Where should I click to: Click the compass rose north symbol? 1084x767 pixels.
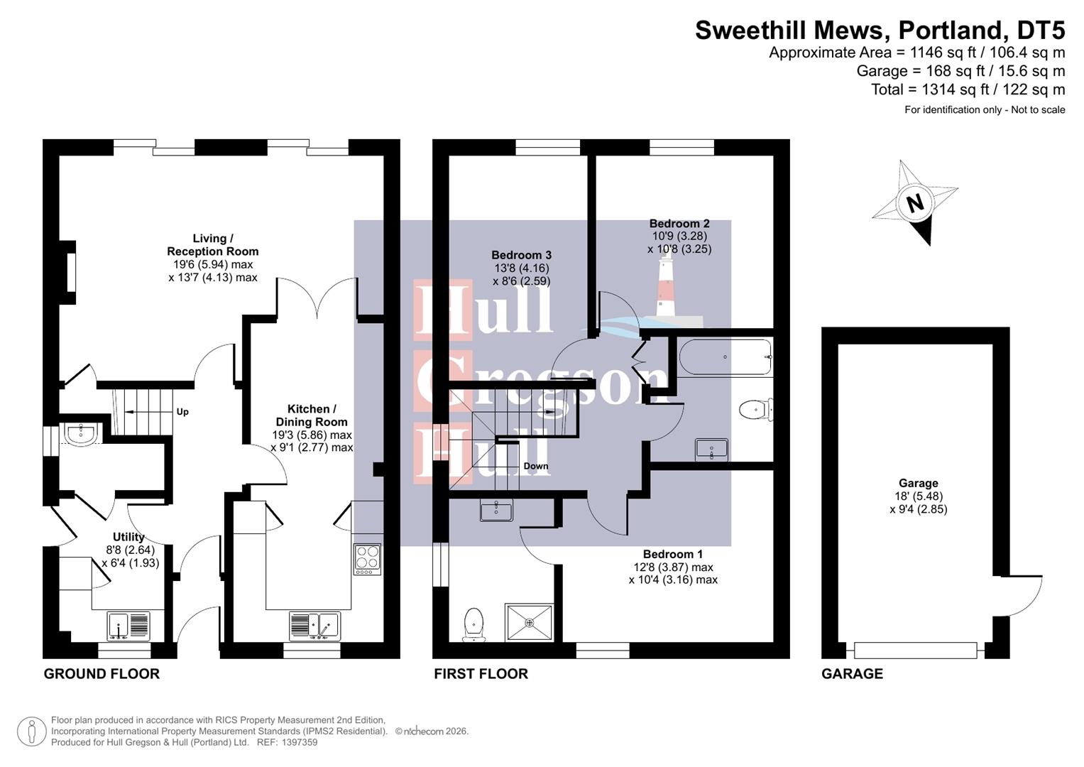pyautogui.click(x=915, y=204)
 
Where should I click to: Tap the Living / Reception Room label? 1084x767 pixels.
pyautogui.click(x=212, y=245)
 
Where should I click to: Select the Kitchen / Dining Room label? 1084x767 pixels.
pyautogui.click(x=312, y=415)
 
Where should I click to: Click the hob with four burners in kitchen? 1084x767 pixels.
pyautogui.click(x=367, y=559)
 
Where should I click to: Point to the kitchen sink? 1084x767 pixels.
pyautogui.click(x=314, y=626)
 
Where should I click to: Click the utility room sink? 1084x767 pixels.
pyautogui.click(x=128, y=626)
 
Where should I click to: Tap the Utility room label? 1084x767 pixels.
pyautogui.click(x=128, y=537)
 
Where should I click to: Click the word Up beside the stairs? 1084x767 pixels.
pyautogui.click(x=182, y=412)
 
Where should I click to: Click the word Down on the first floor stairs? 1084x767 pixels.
pyautogui.click(x=536, y=466)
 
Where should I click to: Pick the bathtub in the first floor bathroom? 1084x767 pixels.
pyautogui.click(x=724, y=357)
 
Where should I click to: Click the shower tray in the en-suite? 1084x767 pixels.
pyautogui.click(x=529, y=623)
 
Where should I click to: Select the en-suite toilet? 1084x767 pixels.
pyautogui.click(x=473, y=624)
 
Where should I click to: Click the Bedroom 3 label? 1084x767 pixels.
pyautogui.click(x=521, y=255)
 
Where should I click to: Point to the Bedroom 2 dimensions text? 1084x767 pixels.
pyautogui.click(x=679, y=243)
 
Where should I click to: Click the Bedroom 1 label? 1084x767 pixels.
pyautogui.click(x=673, y=554)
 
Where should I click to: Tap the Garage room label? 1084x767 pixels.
pyautogui.click(x=918, y=483)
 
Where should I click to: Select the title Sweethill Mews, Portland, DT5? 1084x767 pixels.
pyautogui.click(x=880, y=31)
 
